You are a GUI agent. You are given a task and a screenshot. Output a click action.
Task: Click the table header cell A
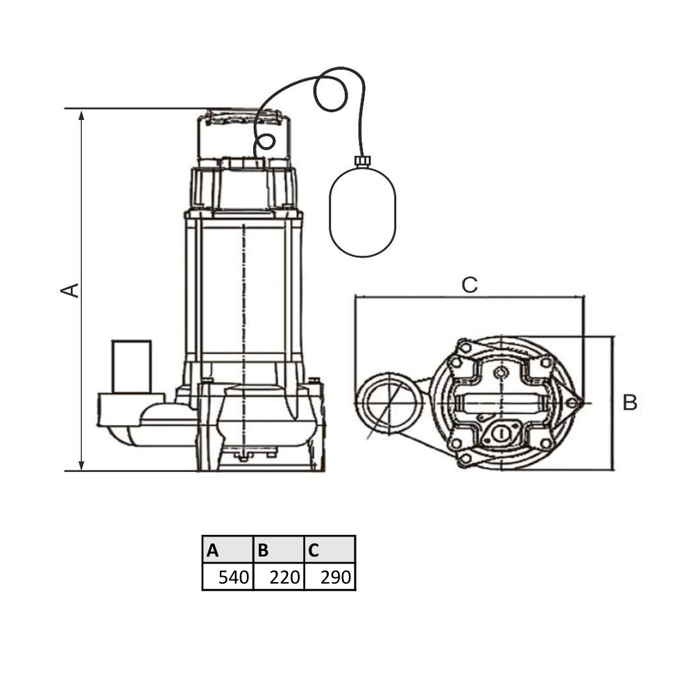228,549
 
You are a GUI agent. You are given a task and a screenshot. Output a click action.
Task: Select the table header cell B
279,549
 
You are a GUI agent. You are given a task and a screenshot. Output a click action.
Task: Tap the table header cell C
330,549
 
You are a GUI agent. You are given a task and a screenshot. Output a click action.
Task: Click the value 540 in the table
234,577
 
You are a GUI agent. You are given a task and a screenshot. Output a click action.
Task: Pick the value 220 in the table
285,577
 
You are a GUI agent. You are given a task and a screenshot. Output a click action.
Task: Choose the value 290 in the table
336,577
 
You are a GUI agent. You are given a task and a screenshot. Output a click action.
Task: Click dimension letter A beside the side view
69,290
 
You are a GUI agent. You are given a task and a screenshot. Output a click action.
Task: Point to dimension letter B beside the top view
630,403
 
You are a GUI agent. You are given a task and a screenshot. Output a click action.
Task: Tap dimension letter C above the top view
470,285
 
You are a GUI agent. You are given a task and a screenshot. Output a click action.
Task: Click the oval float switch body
363,211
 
